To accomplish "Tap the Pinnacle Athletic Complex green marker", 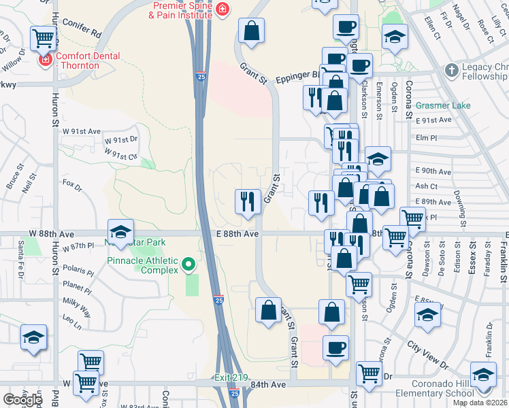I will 190,265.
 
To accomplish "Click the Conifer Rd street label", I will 81,32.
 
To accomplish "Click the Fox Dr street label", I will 71,184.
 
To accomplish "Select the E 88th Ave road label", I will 237,233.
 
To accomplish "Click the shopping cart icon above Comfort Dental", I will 44,37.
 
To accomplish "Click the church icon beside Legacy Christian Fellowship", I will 451,70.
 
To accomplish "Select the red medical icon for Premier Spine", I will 223,8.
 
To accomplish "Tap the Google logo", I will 23,399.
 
